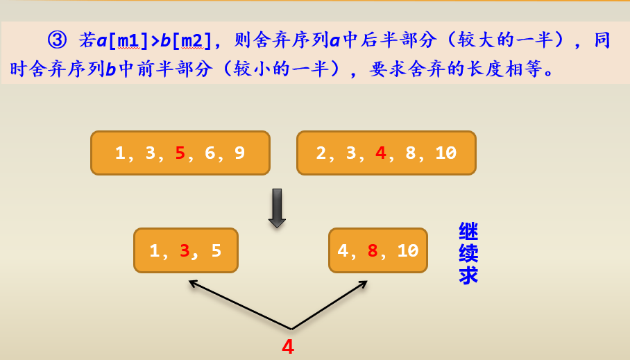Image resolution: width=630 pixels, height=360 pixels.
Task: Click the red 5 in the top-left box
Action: (180, 153)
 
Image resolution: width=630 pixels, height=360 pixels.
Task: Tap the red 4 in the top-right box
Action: (380, 153)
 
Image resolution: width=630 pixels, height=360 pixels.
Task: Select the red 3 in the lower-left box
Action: (185, 250)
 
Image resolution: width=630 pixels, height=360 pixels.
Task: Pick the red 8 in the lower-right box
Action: (373, 250)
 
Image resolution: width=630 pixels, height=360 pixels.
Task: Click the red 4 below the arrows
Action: (288, 347)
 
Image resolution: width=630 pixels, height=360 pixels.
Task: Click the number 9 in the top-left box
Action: (239, 153)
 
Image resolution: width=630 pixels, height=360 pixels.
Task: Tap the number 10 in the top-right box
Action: (445, 153)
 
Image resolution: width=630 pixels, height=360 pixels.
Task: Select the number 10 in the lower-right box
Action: (407, 250)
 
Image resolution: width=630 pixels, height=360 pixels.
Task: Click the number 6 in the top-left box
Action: (210, 153)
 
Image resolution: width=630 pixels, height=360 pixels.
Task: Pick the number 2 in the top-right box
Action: (321, 153)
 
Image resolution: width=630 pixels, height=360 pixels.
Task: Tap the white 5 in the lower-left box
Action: (216, 250)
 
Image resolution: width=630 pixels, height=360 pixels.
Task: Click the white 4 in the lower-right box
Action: (343, 250)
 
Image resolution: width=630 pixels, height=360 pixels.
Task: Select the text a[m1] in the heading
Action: (122, 40)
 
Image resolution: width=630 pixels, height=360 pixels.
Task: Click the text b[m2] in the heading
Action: (185, 40)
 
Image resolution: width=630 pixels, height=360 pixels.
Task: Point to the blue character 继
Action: (468, 231)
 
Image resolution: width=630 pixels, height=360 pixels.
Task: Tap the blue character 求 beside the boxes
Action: (468, 275)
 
